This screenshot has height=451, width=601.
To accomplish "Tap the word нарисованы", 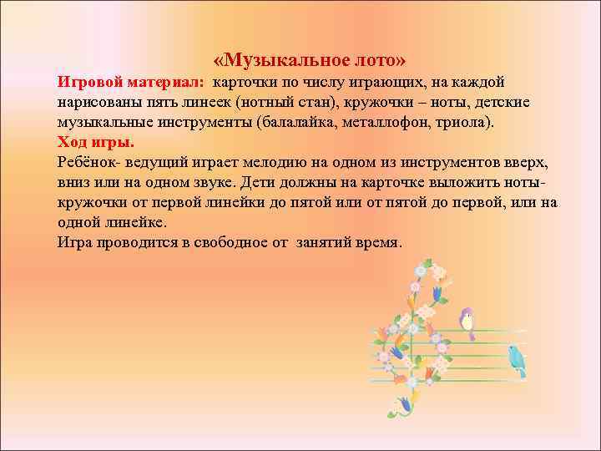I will pyautogui.click(x=100, y=103).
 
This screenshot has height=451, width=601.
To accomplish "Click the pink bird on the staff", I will pyautogui.click(x=467, y=321).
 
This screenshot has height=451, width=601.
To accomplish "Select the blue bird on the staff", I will pyautogui.click(x=518, y=358).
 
